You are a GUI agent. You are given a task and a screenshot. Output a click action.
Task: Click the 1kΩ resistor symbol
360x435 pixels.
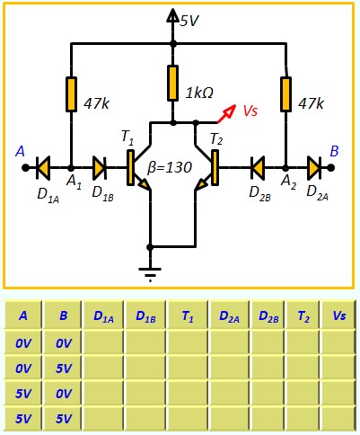[x=172, y=83]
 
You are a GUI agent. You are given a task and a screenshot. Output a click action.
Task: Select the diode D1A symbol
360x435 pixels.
[x=43, y=168]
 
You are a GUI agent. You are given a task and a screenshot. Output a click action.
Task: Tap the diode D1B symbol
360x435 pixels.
[x=100, y=168]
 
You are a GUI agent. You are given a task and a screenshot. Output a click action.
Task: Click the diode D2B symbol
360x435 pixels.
[x=258, y=168]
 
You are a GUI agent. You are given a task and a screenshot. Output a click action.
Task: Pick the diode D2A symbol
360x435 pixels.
[x=314, y=168]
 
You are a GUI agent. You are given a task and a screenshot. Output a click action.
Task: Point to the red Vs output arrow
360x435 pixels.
[x=226, y=114]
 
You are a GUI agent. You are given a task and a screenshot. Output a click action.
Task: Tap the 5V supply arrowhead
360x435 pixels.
[x=172, y=15]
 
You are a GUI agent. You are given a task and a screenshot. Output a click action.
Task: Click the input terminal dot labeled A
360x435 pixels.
[x=25, y=168]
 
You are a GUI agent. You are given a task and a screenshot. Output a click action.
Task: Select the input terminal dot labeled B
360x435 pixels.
[x=330, y=168]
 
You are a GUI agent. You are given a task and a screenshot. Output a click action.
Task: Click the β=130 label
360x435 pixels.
[x=170, y=168]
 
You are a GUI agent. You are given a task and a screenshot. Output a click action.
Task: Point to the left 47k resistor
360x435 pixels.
[x=71, y=94]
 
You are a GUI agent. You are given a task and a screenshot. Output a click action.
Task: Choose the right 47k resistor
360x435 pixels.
[x=285, y=94]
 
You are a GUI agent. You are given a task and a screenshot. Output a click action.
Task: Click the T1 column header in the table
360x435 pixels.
[x=188, y=315]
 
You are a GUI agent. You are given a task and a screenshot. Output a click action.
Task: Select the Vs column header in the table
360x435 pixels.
[x=338, y=315]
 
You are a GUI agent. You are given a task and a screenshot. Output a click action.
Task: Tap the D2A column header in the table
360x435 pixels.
[x=229, y=315]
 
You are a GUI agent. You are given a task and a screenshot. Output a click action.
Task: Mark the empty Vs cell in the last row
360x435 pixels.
[x=338, y=419]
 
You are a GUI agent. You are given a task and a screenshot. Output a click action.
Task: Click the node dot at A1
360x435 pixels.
[x=71, y=168]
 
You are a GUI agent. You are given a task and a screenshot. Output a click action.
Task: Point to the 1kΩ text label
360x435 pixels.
[x=199, y=93]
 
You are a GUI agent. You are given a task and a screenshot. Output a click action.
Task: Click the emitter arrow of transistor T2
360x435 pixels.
[x=201, y=184]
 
